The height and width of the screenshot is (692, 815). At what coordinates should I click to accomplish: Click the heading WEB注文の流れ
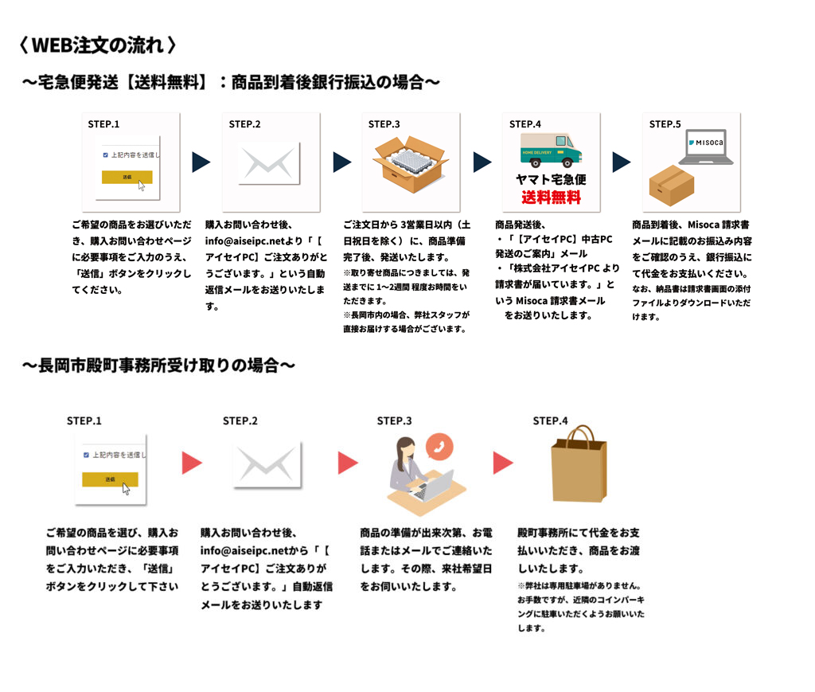(x=96, y=45)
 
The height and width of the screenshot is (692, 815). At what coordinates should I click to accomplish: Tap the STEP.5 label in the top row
(x=665, y=124)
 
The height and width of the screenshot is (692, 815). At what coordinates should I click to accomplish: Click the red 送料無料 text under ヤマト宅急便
(x=551, y=197)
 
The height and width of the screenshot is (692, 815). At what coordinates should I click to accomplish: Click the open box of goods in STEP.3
(x=409, y=163)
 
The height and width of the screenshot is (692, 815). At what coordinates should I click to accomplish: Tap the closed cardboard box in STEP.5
(x=671, y=186)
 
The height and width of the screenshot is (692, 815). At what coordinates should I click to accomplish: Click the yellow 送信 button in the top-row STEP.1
(x=127, y=177)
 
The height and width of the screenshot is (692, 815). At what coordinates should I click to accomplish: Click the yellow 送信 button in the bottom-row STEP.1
(x=110, y=479)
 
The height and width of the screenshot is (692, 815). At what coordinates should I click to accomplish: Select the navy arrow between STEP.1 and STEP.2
(x=201, y=162)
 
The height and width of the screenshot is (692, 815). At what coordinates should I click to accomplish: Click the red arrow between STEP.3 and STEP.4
(x=502, y=463)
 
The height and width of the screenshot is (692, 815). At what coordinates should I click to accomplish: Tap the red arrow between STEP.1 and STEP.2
(x=192, y=463)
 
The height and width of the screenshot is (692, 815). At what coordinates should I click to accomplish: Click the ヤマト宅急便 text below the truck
(x=551, y=179)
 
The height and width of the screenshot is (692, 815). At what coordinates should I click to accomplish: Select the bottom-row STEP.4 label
(x=550, y=420)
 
